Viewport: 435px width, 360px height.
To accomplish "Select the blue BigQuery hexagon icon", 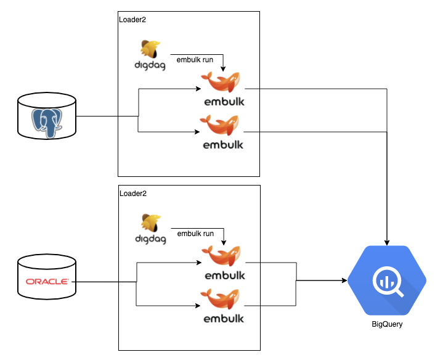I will pyautogui.click(x=387, y=280).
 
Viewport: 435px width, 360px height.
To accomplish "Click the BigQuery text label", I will pyautogui.click(x=387, y=324).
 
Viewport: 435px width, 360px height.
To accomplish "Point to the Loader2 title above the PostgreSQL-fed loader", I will pyautogui.click(x=132, y=20).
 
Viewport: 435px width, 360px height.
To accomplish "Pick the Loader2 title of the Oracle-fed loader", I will pyautogui.click(x=132, y=193).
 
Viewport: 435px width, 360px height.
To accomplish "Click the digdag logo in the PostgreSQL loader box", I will pyautogui.click(x=150, y=55).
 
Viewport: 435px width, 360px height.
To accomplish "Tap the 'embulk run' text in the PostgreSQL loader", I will pyautogui.click(x=195, y=60).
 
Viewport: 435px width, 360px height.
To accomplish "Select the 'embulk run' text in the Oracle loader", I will pyautogui.click(x=195, y=234).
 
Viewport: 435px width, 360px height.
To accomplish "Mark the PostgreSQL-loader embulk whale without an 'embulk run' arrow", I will pyautogui.click(x=222, y=125).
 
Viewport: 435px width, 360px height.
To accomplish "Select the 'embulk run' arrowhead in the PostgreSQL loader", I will pyautogui.click(x=223, y=68).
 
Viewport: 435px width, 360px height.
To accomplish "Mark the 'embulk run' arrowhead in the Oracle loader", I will pyautogui.click(x=223, y=241).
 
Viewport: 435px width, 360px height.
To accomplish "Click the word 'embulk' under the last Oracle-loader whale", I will pyautogui.click(x=223, y=319).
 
